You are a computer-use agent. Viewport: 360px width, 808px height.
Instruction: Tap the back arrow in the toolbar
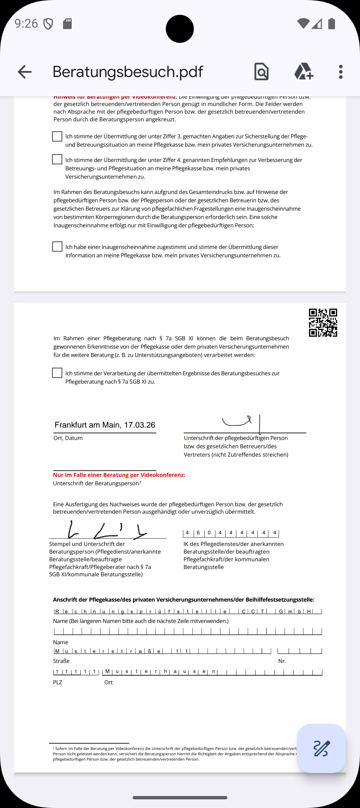[25, 72]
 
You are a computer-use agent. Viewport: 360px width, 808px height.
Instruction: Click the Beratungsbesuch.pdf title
[128, 72]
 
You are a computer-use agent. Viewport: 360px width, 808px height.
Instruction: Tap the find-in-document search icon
[261, 72]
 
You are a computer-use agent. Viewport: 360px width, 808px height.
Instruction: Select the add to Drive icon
[303, 72]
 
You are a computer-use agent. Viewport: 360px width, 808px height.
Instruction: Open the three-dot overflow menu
[340, 72]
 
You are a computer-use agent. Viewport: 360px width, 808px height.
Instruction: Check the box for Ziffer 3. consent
[57, 136]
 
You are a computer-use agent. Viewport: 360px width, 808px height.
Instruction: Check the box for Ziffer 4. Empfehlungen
[57, 159]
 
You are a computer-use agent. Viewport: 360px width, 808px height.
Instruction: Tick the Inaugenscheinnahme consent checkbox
[57, 247]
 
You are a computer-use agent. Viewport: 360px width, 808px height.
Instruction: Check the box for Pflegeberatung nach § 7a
[57, 373]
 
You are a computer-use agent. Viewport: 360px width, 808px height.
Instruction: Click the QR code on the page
[323, 323]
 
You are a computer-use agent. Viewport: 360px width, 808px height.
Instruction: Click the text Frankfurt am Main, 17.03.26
[105, 425]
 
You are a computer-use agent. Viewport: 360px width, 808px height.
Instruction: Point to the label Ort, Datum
[68, 438]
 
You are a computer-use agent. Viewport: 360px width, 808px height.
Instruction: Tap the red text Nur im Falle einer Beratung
[119, 475]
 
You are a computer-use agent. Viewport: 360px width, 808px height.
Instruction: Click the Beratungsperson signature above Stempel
[107, 530]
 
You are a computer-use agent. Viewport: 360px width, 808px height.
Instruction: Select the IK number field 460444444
[231, 533]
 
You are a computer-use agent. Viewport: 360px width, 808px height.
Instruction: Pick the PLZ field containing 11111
[76, 672]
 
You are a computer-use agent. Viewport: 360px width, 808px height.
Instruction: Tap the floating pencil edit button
[321, 748]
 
